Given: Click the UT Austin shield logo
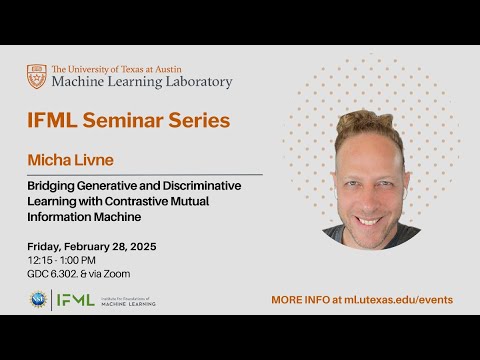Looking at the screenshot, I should pyautogui.click(x=36, y=76).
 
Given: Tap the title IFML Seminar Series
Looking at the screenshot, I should pyautogui.click(x=128, y=121).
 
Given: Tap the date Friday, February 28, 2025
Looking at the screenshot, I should pyautogui.click(x=92, y=246).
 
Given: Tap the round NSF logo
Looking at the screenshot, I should pyautogui.click(x=37, y=299).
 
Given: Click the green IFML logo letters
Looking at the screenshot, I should pyautogui.click(x=75, y=299).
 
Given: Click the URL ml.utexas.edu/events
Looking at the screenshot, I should pyautogui.click(x=395, y=300).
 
